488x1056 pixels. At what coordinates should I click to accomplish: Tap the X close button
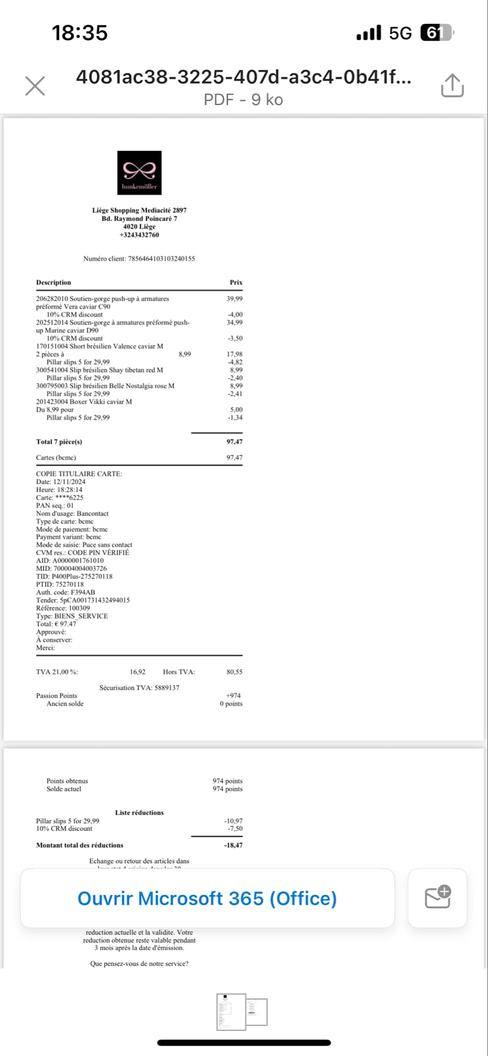(35, 86)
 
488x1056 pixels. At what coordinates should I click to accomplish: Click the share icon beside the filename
(452, 85)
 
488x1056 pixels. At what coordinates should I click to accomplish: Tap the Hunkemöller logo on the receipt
(139, 173)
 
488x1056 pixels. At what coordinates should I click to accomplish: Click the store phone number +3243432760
(139, 235)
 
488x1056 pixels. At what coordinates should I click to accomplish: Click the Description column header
(54, 283)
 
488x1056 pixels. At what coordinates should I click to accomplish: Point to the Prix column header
(236, 283)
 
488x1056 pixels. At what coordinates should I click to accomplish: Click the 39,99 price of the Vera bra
(234, 299)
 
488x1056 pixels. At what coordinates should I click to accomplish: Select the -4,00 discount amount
(235, 315)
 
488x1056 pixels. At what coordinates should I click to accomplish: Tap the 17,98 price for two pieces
(234, 354)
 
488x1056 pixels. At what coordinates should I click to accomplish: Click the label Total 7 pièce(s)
(59, 442)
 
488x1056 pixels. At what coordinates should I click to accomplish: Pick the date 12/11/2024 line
(61, 482)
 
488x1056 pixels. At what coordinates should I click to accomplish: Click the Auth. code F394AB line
(65, 592)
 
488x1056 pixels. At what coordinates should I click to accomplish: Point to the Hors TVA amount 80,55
(234, 672)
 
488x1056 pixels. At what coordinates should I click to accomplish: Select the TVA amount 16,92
(138, 672)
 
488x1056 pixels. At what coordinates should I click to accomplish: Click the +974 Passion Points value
(233, 696)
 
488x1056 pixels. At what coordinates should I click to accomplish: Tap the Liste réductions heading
(139, 813)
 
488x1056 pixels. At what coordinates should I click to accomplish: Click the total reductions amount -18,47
(233, 845)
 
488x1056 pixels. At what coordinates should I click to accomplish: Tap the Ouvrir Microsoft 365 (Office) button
(207, 898)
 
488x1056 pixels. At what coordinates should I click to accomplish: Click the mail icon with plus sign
(437, 898)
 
